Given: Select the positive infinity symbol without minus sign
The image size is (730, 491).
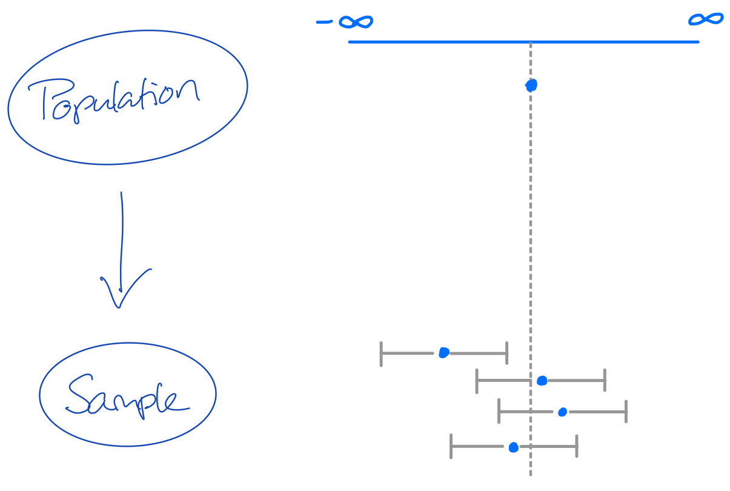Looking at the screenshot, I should pos(706,19).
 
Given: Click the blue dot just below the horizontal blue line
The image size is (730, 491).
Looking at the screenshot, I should pos(531,85).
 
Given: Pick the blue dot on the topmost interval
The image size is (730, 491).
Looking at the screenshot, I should pos(443,352).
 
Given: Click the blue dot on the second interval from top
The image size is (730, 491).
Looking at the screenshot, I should pos(542,381).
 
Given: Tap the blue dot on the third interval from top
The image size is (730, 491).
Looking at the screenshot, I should pos(562,412).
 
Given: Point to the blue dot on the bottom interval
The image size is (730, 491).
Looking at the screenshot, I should pos(513,447).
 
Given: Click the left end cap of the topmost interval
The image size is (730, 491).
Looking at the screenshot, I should pos(381,353).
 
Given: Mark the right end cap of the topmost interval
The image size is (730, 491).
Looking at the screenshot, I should pos(506,352).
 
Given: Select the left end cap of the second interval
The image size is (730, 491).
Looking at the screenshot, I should pos(477,381).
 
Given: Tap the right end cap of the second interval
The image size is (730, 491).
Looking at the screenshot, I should pos(605,380).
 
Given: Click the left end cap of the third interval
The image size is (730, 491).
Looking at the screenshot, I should pos(499,411).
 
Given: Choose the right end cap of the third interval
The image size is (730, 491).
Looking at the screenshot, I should pos(626,412).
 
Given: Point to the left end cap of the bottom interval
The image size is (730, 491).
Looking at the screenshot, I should pos(451,446).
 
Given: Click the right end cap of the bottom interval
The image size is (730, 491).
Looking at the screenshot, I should pos(577,446).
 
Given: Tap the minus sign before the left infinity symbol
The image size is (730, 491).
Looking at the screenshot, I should pos(325,23).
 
